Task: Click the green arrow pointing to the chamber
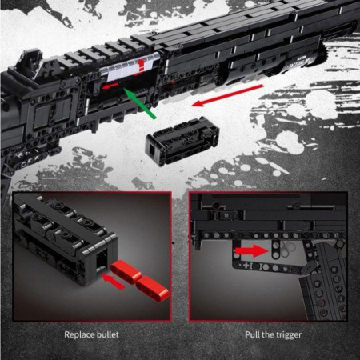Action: click(140, 105)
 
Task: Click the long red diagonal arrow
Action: click(227, 96)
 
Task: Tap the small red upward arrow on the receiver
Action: click(141, 66)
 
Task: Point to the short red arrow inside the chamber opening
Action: click(110, 86)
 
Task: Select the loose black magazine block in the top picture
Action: click(183, 141)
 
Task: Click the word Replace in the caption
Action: click(80, 335)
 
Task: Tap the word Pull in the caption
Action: click(251, 334)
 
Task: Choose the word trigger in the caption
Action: click(288, 335)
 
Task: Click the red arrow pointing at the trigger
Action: click(252, 251)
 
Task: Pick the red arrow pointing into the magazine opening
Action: click(114, 282)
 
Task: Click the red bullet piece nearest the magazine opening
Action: click(126, 272)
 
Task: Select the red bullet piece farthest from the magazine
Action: click(152, 288)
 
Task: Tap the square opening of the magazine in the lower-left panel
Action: click(102, 259)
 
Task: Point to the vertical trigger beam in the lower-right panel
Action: click(275, 249)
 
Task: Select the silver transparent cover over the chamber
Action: click(130, 67)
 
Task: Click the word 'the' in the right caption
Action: click(266, 334)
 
